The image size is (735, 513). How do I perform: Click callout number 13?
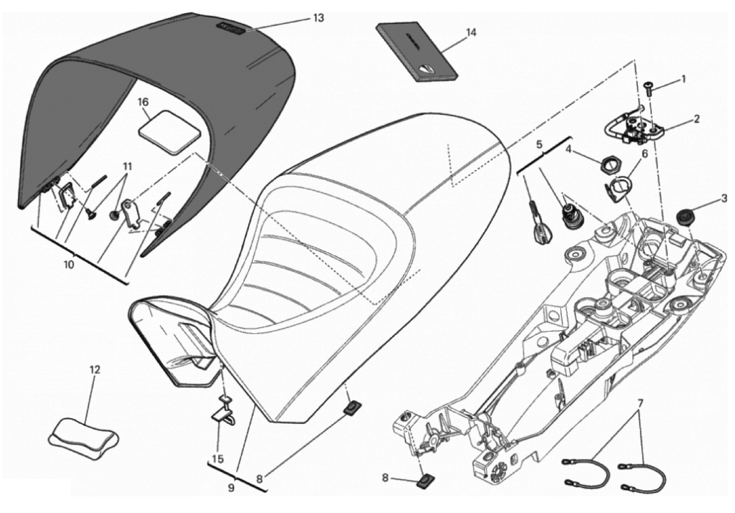point(318,18)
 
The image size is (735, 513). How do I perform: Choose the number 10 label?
point(69,265)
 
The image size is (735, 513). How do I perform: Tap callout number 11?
point(127,167)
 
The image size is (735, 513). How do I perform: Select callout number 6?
point(644,153)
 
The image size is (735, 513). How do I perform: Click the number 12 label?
point(95,370)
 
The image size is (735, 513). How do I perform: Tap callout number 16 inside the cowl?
point(143,102)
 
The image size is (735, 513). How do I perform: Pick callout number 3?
point(725,198)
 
